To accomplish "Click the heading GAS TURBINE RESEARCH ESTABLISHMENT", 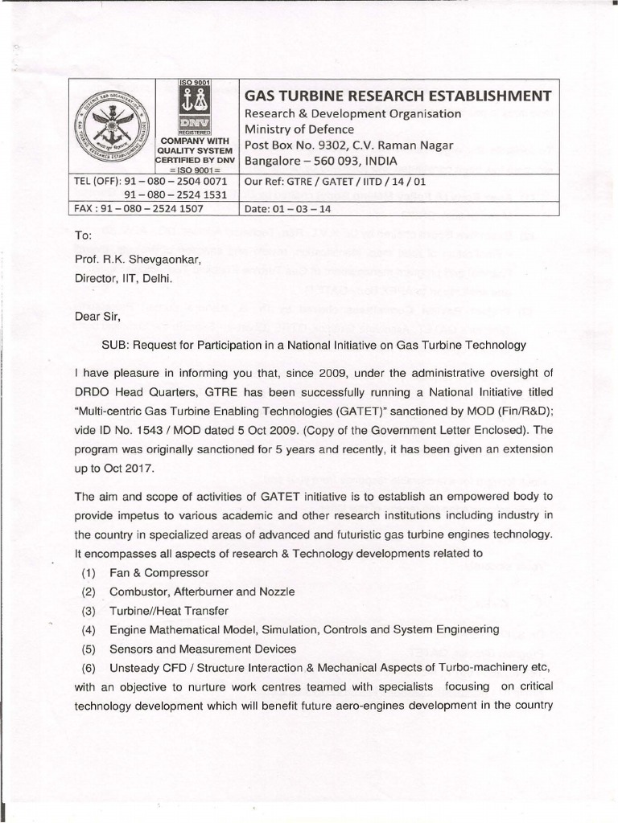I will pos(398,96).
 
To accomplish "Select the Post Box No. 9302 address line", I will pos(348,145).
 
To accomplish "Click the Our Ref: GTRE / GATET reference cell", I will pos(335,182).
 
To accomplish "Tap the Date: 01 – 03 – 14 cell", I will pos(286,209).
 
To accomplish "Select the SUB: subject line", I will pos(313,345).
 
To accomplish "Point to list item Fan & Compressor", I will pos(159,573).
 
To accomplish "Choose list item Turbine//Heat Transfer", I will pos(169,611).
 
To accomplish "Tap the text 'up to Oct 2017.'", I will pos(108,467).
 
